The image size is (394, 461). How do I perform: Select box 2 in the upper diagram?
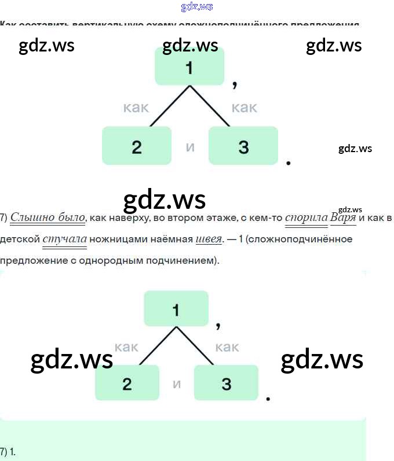tap(137, 146)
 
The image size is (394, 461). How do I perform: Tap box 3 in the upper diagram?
tap(243, 146)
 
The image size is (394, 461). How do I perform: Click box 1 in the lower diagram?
tap(176, 309)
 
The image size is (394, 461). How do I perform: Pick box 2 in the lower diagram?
tap(127, 383)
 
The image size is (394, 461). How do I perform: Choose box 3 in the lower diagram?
tap(226, 383)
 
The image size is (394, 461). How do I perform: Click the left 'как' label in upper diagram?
tap(136, 108)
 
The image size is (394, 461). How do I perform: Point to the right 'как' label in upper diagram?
tap(245, 108)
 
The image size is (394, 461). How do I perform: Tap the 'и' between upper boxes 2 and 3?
tap(190, 147)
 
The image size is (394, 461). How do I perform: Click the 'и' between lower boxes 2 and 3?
tap(177, 383)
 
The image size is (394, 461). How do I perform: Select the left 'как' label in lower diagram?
tap(126, 347)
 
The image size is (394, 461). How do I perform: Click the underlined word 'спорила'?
tap(307, 218)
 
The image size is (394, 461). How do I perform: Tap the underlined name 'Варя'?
tap(343, 218)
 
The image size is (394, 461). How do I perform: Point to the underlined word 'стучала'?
tap(64, 239)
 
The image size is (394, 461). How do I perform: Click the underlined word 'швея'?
tap(209, 239)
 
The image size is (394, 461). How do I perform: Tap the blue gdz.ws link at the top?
tap(197, 6)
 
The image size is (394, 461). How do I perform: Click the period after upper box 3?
tap(289, 164)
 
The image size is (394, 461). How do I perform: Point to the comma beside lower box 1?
tap(218, 326)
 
